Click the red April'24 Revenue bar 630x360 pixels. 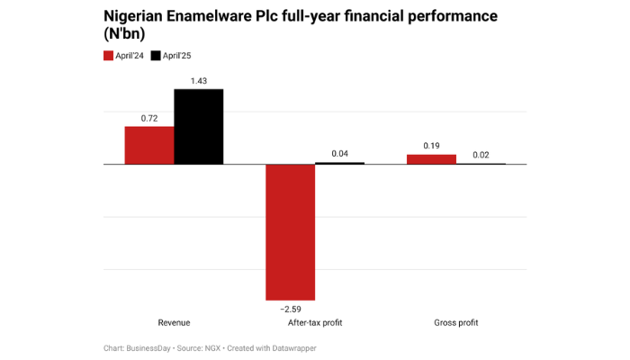[x=148, y=145]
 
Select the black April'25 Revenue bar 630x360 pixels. [x=198, y=127]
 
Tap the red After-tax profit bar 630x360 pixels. [x=290, y=232]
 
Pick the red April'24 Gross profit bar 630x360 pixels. [x=431, y=159]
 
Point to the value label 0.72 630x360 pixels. [x=148, y=118]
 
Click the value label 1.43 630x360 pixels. [x=198, y=81]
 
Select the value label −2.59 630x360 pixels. [x=290, y=309]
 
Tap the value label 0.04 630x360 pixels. [x=339, y=154]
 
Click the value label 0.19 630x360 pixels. [x=431, y=146]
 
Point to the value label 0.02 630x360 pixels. [x=481, y=155]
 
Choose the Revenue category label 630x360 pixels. [x=174, y=322]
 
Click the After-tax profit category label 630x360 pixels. [x=315, y=322]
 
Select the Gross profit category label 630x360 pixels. [x=455, y=322]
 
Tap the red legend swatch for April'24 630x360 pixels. [x=109, y=56]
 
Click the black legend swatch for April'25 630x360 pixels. [x=156, y=56]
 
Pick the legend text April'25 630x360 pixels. [x=177, y=56]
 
